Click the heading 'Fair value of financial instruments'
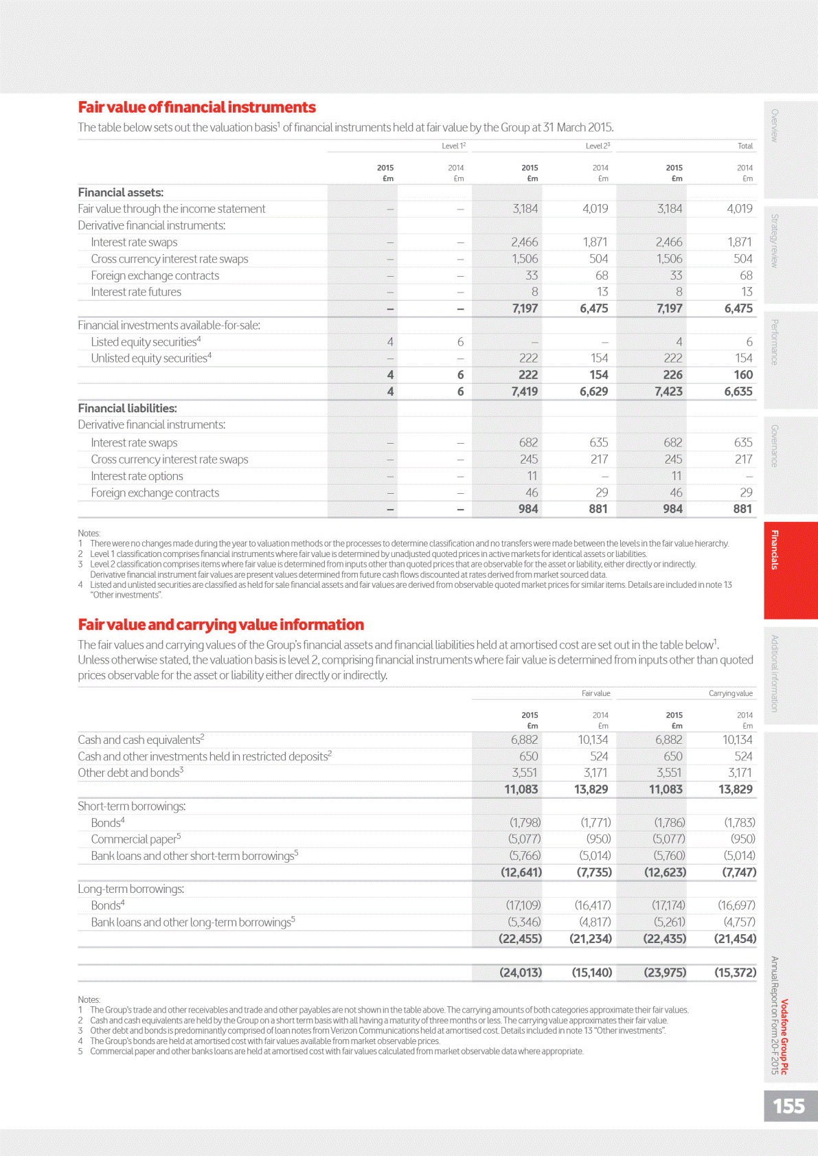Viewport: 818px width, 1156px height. pyautogui.click(x=196, y=107)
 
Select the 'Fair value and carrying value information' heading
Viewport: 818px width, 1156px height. pyautogui.click(x=220, y=624)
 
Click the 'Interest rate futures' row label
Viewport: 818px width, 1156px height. pyautogui.click(x=136, y=292)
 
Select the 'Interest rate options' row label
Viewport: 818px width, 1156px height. pyautogui.click(x=137, y=476)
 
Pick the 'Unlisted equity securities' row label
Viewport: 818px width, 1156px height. pyautogui.click(x=151, y=358)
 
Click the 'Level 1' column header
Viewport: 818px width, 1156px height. pyautogui.click(x=453, y=146)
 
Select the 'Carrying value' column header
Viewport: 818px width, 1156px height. pyautogui.click(x=730, y=693)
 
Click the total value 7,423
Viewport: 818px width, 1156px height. pyautogui.click(x=668, y=392)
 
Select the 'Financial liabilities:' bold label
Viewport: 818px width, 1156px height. pyautogui.click(x=127, y=408)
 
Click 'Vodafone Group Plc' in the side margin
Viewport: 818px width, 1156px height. pyautogui.click(x=784, y=1036)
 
